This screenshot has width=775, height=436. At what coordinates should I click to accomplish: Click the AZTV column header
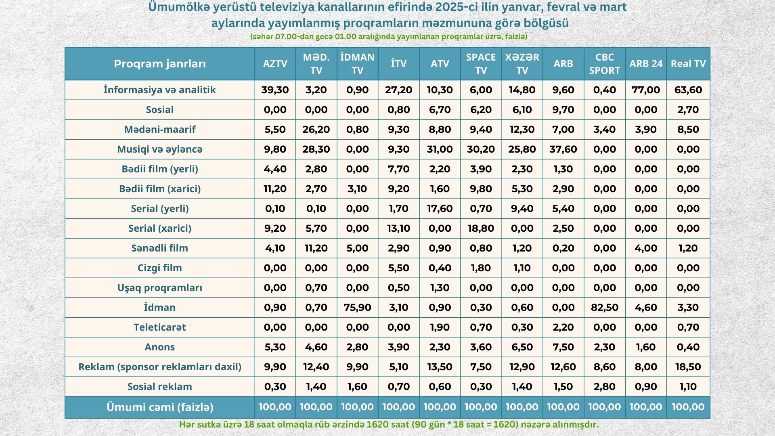click(x=275, y=64)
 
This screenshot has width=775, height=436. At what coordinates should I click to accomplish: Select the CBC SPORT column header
click(x=604, y=64)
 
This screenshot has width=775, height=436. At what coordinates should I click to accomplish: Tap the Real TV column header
click(x=688, y=64)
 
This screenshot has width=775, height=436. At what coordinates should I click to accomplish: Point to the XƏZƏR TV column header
click(x=522, y=64)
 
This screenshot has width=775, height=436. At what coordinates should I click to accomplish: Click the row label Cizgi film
click(x=160, y=268)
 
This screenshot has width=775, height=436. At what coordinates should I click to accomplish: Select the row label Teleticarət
click(x=160, y=327)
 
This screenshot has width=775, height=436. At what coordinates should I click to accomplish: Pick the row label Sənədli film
click(x=160, y=248)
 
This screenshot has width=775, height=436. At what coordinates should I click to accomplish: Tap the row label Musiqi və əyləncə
click(x=160, y=149)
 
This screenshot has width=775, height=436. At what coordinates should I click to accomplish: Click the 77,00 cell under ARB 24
click(x=646, y=90)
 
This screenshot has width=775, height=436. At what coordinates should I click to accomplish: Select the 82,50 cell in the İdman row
click(x=604, y=308)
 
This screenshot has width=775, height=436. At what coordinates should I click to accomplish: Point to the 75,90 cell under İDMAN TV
click(x=357, y=308)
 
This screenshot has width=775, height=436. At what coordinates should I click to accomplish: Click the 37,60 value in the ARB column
click(x=563, y=149)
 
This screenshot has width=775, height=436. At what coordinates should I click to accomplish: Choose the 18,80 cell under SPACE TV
click(x=481, y=228)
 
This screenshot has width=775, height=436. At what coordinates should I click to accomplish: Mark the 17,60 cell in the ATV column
click(x=440, y=209)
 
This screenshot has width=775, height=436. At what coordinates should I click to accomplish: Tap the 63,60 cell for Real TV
click(x=688, y=90)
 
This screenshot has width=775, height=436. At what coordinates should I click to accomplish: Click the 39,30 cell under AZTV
click(x=275, y=90)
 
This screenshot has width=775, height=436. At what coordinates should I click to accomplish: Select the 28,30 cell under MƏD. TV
click(x=316, y=149)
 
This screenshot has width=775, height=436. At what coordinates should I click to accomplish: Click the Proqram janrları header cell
click(x=160, y=64)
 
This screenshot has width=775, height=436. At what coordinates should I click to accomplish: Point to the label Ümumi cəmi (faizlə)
click(x=160, y=407)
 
